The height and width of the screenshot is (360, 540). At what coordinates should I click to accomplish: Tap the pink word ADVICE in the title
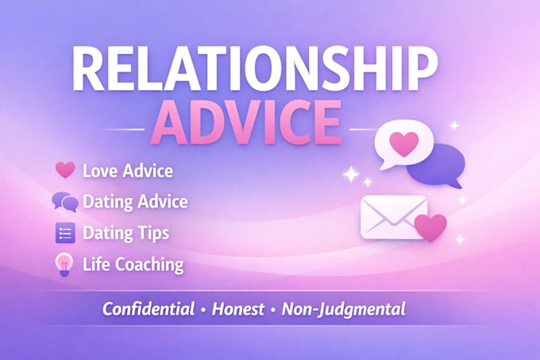coord(246,122)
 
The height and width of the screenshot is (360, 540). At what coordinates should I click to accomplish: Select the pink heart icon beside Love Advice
coord(65,170)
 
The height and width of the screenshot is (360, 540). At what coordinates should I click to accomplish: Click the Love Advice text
coord(128,171)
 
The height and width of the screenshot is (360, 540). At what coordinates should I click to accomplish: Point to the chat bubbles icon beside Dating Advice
coord(65,202)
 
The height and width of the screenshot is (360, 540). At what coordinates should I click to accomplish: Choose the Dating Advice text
coord(135,202)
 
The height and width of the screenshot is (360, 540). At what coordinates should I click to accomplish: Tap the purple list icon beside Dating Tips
coord(65,233)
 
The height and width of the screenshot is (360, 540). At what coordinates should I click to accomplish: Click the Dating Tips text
coord(126,234)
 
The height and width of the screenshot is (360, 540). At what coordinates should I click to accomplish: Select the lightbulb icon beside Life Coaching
coord(64,265)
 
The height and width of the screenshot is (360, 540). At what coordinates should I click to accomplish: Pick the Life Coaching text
coord(133,265)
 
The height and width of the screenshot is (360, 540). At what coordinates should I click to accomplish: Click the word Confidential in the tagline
coord(148,308)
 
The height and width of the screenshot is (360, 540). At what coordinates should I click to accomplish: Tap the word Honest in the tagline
coord(238,308)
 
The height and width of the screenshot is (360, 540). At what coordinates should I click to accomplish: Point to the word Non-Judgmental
coord(344,309)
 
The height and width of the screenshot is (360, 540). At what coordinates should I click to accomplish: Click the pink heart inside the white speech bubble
coord(403,143)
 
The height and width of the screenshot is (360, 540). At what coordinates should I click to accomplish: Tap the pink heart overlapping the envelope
coord(430,227)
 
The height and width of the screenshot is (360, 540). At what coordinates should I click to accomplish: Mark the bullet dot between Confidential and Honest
coord(203,310)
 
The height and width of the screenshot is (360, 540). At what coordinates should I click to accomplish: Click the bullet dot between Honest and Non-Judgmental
coord(273,310)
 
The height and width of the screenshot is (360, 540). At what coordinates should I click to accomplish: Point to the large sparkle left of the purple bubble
coord(351,174)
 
